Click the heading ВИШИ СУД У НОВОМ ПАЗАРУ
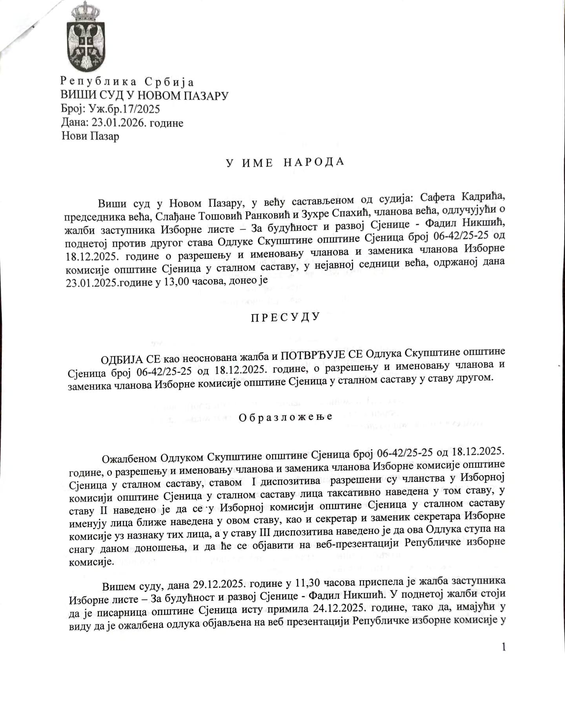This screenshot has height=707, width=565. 144,95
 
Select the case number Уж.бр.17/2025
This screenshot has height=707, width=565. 125,109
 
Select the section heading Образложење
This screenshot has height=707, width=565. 285,417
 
